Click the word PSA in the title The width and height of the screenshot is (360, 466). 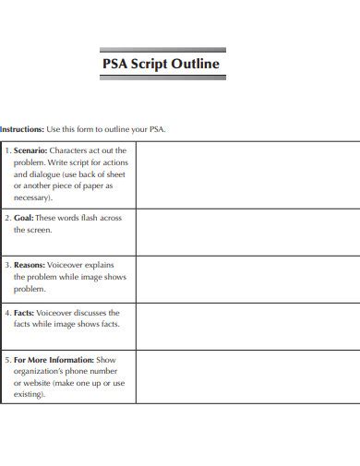pos(114,65)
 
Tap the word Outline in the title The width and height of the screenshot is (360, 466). pos(197,65)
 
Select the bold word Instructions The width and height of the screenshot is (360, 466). pos(21,130)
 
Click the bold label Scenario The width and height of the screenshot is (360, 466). pos(30,149)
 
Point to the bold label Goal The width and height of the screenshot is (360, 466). pos(24,219)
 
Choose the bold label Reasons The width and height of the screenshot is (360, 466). pos(32,264)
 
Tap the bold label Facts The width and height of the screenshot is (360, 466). pos(26,313)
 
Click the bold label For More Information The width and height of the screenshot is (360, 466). pos(54,359)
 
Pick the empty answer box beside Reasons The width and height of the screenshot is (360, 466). pos(247,279)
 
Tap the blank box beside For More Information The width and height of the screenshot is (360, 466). pos(247,376)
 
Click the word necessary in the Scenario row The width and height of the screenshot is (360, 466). pos(32,197)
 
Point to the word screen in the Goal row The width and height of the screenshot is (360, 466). pos(39,231)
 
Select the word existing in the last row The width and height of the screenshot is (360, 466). pos(30,395)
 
